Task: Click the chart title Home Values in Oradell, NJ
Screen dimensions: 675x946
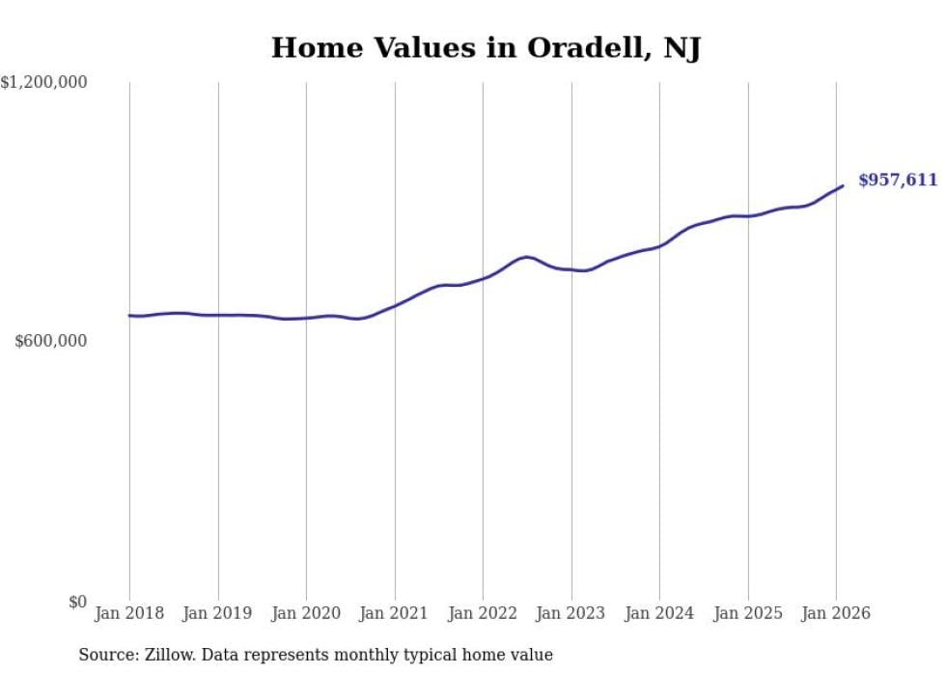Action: [x=486, y=47]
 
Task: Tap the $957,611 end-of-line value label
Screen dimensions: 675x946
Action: [x=898, y=180]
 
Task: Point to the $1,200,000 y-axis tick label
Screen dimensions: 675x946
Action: [x=43, y=83]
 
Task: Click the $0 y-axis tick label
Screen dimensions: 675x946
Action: [x=77, y=602]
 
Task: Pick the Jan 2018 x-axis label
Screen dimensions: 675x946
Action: [x=129, y=613]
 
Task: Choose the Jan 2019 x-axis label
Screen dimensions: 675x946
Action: [x=218, y=613]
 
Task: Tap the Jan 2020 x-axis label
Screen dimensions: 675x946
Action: [x=306, y=613]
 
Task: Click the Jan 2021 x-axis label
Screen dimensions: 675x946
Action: [x=395, y=613]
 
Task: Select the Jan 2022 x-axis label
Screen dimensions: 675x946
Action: [x=483, y=613]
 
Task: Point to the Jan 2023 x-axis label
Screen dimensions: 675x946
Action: [x=571, y=613]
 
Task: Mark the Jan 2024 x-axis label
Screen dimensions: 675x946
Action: [x=659, y=613]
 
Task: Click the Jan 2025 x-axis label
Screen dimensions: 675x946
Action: [x=748, y=613]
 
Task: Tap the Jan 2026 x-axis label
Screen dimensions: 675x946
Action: [x=836, y=613]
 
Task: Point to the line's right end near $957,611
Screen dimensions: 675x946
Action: [x=843, y=185]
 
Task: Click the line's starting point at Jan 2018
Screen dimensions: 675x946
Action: [x=129, y=316]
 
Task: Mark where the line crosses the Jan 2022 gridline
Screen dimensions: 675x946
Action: [x=483, y=278]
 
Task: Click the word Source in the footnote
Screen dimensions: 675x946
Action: [x=105, y=655]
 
